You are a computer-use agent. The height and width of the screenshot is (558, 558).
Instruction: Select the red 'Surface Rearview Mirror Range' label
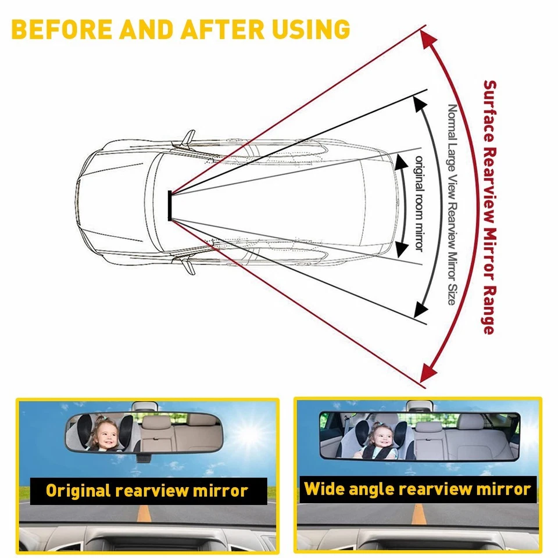coord(489,206)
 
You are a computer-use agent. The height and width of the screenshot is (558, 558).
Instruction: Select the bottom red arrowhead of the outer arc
coord(428,373)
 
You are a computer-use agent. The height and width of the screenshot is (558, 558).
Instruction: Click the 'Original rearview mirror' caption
coord(146,491)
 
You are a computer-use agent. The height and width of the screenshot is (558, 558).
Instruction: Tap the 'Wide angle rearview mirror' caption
coord(417,489)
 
